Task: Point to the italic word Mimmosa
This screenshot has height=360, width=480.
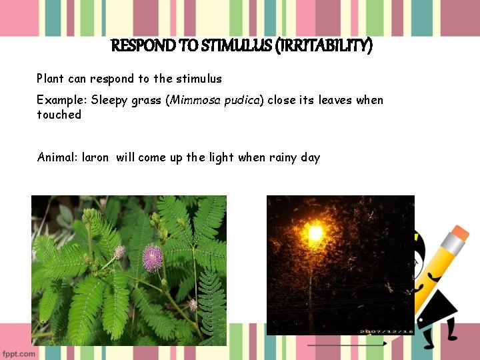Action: [193, 100]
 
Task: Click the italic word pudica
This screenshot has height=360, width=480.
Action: [241, 100]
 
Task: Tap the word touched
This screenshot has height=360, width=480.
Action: [59, 115]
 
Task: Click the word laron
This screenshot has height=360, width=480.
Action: [95, 157]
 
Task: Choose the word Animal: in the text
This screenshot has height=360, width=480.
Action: [57, 157]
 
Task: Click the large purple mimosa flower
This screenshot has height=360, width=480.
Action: [153, 257]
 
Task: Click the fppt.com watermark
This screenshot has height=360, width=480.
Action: [19, 353]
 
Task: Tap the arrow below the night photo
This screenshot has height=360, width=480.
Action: [347, 344]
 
